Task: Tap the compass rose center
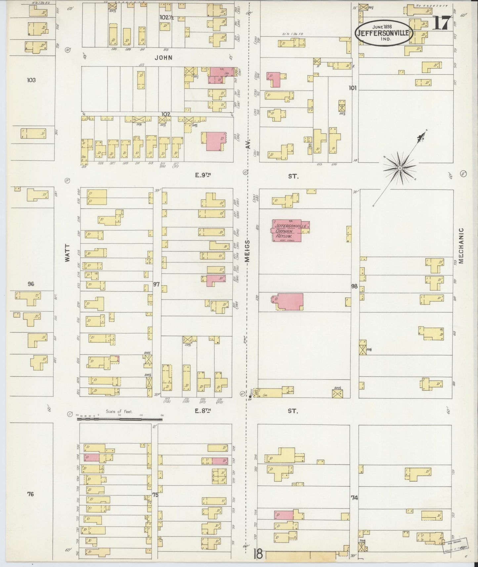[x=400, y=168]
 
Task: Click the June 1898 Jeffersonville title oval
[x=384, y=32]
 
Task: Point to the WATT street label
[x=67, y=253]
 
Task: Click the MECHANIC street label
[x=461, y=245]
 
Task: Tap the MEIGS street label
[x=248, y=251]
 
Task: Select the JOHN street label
[x=164, y=58]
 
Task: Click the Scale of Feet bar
[x=121, y=419]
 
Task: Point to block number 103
[x=31, y=80]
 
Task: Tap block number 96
[x=31, y=284]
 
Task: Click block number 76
[x=30, y=494]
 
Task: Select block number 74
[x=355, y=497]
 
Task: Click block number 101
[x=353, y=88]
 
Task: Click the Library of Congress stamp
[x=456, y=545]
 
